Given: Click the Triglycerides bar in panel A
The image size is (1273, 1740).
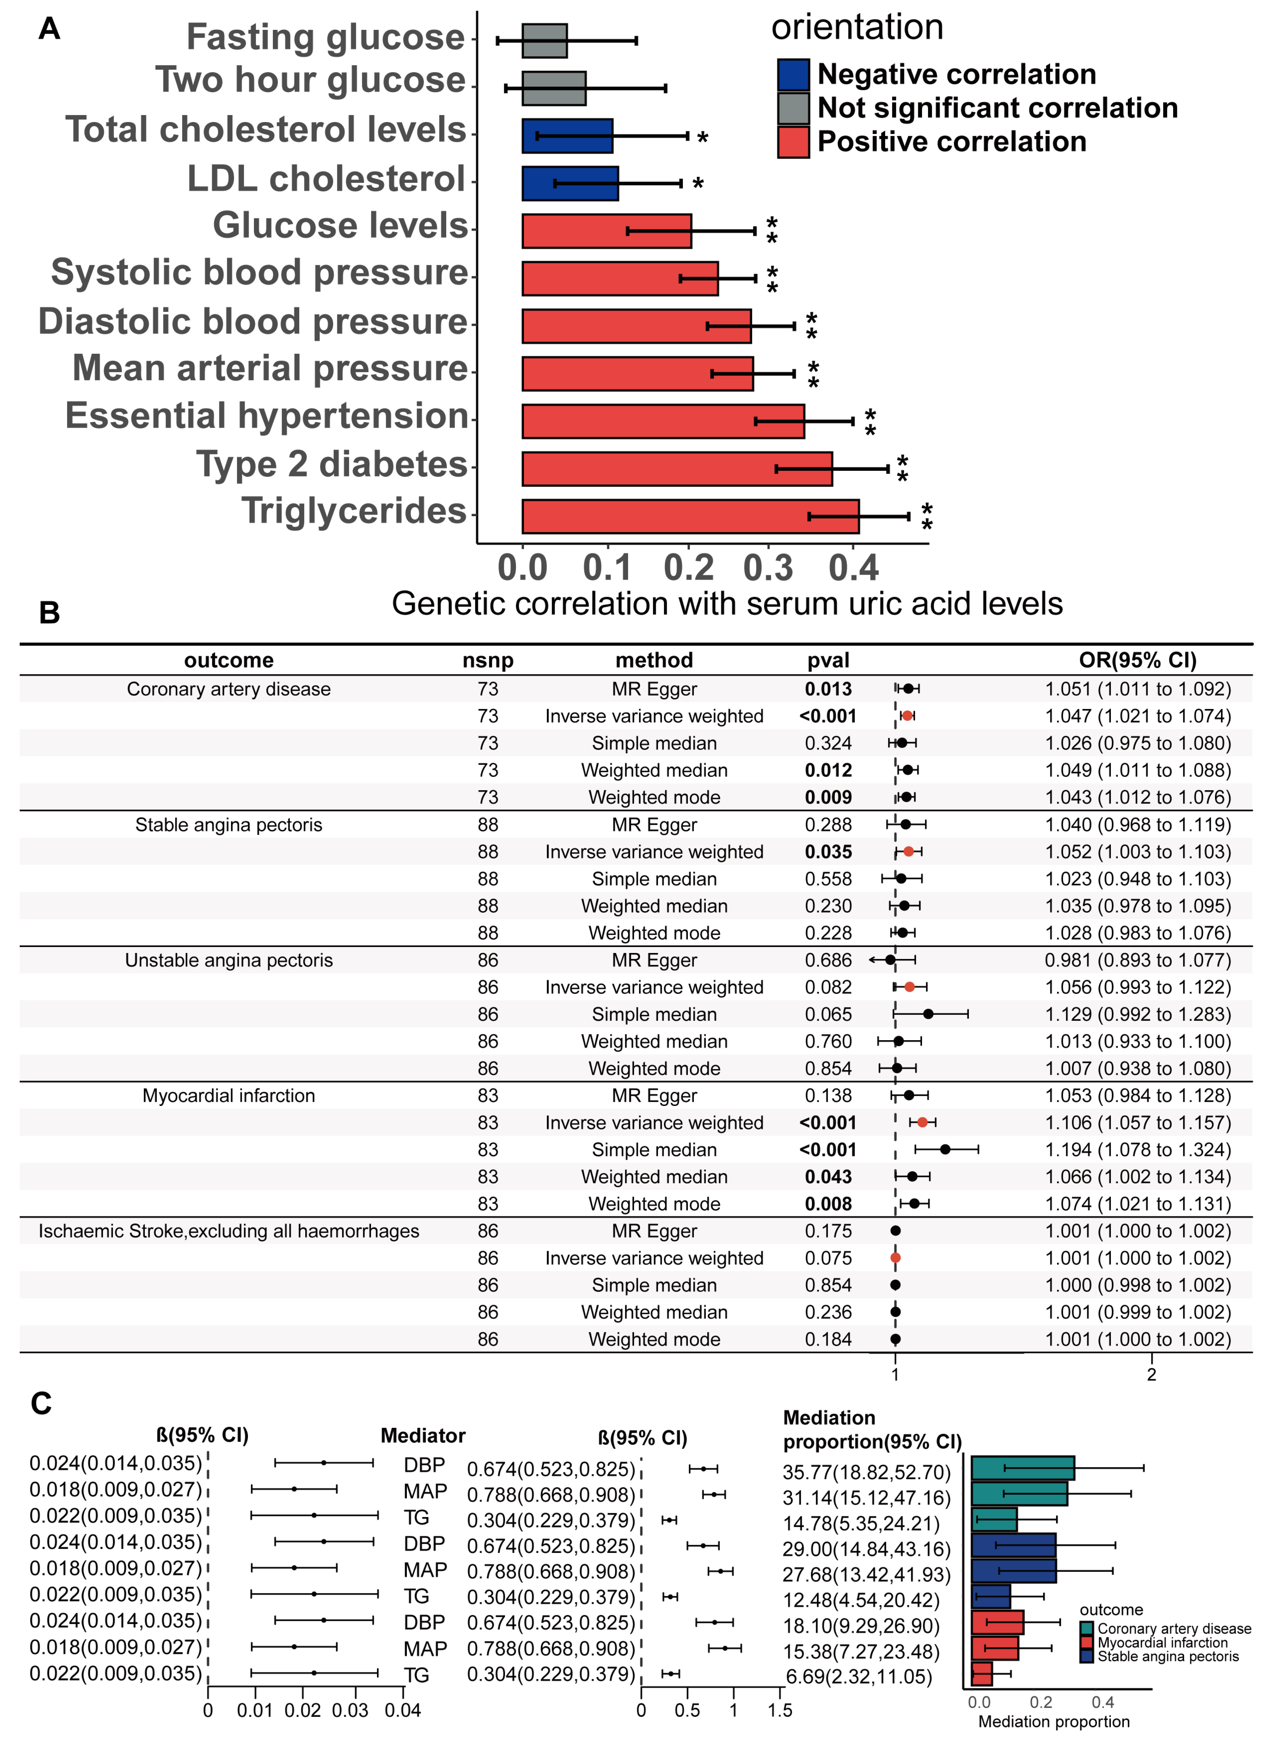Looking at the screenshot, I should click(x=690, y=516).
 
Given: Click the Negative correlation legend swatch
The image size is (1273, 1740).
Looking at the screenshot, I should click(x=793, y=75).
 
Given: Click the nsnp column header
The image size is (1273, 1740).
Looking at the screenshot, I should click(x=488, y=660).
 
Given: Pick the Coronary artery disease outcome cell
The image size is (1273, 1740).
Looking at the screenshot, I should click(x=229, y=689).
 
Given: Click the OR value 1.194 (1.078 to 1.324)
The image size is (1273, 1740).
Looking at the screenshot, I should click(x=1137, y=1150).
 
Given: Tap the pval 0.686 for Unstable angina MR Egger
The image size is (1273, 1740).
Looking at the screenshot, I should click(x=829, y=960).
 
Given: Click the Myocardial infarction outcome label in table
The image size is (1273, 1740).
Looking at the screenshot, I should click(x=229, y=1096).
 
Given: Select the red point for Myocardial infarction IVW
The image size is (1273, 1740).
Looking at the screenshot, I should click(x=922, y=1123).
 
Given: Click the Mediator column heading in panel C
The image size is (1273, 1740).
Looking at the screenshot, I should click(x=423, y=1435).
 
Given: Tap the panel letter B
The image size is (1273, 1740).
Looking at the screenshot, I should click(x=49, y=613).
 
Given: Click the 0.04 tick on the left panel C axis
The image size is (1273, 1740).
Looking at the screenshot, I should click(x=403, y=1711).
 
